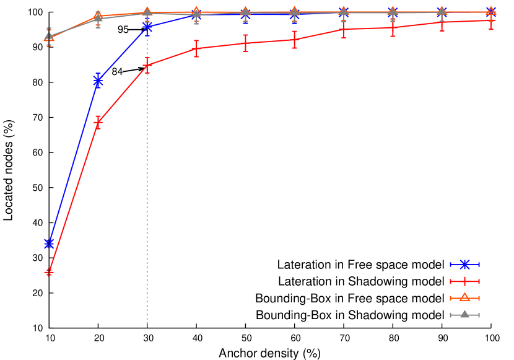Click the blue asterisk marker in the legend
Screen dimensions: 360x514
pos(464,265)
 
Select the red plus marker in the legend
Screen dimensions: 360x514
pos(464,281)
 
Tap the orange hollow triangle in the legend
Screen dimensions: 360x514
pos(464,297)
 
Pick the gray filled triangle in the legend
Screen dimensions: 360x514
pos(464,314)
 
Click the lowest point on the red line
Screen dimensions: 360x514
pos(49,272)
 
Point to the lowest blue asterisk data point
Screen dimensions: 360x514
pos(49,243)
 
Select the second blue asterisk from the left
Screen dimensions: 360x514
pos(98,81)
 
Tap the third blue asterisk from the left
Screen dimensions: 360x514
pos(147,27)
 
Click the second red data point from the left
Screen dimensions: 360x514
pos(98,123)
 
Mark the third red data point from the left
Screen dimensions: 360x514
pos(147,64)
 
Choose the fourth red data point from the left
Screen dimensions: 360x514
pos(196,48)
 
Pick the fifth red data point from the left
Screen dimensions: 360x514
pos(245,43)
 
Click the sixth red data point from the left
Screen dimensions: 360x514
pos(294,40)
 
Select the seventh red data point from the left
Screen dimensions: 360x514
pos(344,29)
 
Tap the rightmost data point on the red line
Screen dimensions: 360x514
pos(491,20)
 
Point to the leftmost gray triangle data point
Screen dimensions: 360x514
pos(49,35)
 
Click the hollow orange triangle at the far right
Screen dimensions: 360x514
pos(491,11)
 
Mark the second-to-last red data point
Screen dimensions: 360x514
pos(442,22)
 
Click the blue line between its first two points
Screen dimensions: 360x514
pos(73,162)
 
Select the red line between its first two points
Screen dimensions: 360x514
pos(73,198)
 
